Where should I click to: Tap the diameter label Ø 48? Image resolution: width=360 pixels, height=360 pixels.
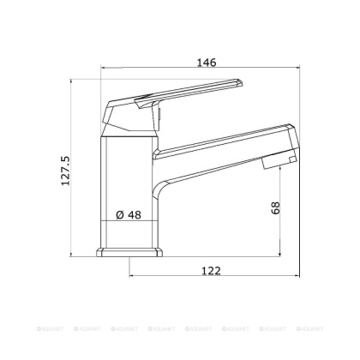127,216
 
